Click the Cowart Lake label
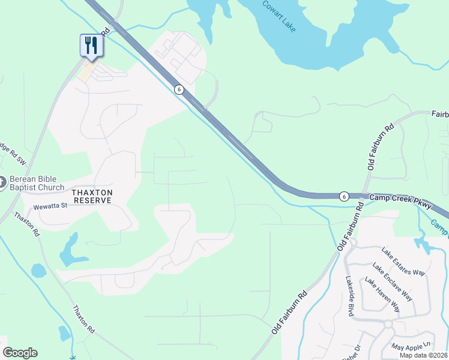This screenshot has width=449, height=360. tap(279, 16)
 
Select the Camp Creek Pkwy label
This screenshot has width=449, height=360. tap(400, 201)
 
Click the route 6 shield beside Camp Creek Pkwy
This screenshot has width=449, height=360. tap(343, 196)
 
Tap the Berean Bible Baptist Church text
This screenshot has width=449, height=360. tap(35, 183)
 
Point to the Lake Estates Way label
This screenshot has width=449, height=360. tap(403, 262)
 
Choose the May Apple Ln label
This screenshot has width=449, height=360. tap(411, 347)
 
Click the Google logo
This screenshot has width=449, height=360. tap(20, 353)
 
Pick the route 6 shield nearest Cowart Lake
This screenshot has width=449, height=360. tap(179, 89)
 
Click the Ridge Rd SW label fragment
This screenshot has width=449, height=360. tap(13, 154)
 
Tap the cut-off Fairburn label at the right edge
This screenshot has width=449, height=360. tap(439, 113)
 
